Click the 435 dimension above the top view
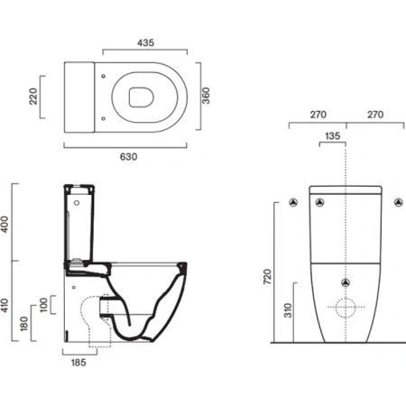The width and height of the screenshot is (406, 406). pos(145,42)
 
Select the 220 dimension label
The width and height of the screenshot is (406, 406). pos(33,97)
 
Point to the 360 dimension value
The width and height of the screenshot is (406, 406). pos(206,96)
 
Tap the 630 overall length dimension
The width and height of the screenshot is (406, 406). pos(128,157)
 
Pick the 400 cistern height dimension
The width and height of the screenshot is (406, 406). pos(5,224)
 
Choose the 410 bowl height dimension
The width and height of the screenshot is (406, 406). pos(5,305)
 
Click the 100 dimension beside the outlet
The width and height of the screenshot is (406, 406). pos(44,305)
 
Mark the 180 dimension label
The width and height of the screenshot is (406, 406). pos(24,323)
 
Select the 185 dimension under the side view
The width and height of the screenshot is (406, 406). pos(78,363)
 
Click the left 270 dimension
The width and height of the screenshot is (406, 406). pos(318,115)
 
